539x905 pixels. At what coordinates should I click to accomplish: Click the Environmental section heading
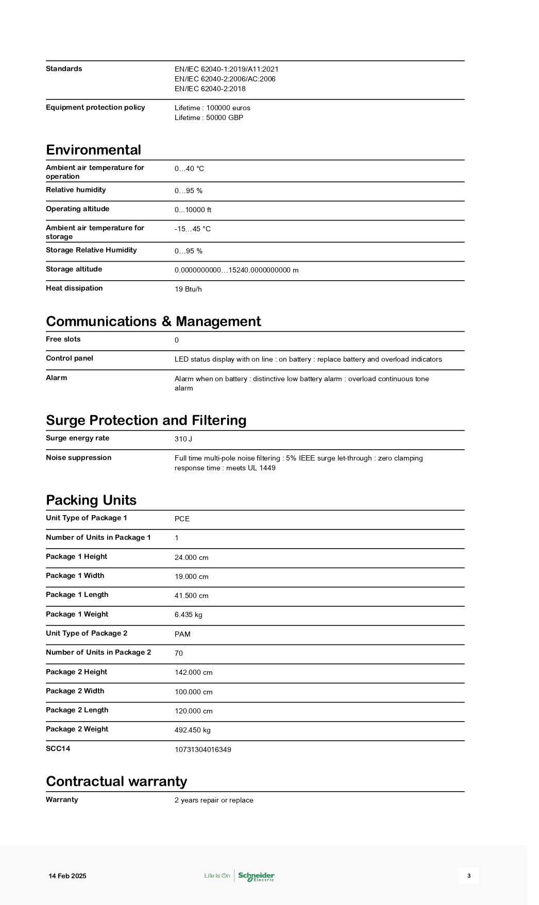[93, 150]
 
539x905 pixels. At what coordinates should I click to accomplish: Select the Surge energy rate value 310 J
[183, 439]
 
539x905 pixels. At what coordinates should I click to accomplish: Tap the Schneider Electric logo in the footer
[256, 876]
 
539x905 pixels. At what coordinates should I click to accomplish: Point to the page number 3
[469, 876]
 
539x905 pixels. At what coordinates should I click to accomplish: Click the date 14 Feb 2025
[68, 876]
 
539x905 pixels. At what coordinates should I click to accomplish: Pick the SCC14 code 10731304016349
[203, 750]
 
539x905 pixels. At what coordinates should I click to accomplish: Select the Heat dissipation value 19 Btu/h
[188, 289]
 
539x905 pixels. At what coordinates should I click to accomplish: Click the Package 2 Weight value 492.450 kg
[192, 730]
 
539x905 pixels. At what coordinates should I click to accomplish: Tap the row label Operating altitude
[77, 209]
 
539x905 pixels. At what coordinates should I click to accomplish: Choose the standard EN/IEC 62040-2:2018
[210, 89]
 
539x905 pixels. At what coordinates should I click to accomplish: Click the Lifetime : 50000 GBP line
[209, 118]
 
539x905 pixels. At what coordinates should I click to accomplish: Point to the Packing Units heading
[91, 500]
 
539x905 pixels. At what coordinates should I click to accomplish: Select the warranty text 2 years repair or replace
[214, 800]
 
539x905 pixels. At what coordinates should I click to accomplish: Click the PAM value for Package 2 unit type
[182, 635]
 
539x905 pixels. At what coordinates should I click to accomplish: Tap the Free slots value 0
[177, 340]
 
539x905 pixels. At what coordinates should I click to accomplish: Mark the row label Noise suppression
[78, 458]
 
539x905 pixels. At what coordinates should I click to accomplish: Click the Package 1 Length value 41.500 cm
[191, 596]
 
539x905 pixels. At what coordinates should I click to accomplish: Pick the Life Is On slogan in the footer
[217, 876]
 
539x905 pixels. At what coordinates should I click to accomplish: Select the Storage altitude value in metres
[237, 270]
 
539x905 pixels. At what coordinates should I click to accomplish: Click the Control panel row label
[70, 358]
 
